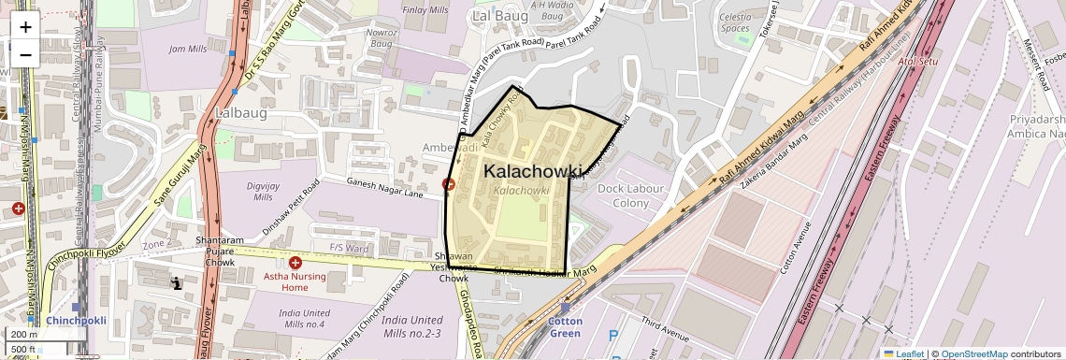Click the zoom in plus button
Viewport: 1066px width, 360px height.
[x=25, y=26]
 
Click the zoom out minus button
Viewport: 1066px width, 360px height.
[x=25, y=54]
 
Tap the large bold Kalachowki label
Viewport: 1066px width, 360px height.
[x=534, y=171]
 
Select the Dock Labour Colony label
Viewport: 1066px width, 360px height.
[x=623, y=195]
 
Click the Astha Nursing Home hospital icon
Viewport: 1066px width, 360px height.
[x=295, y=264]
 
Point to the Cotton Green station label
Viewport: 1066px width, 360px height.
[x=565, y=327]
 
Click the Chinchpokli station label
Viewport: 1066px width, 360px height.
[x=77, y=320]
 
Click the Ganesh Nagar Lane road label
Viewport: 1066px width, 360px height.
[x=386, y=184]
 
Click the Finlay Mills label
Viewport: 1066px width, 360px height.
[x=425, y=10]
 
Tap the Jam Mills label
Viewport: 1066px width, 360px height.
[x=187, y=49]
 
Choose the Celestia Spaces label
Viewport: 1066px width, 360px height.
[x=735, y=22]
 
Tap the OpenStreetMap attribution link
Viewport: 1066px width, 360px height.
[x=973, y=353]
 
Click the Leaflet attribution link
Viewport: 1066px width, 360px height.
[x=904, y=353]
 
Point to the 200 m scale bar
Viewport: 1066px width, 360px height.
[x=24, y=334]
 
